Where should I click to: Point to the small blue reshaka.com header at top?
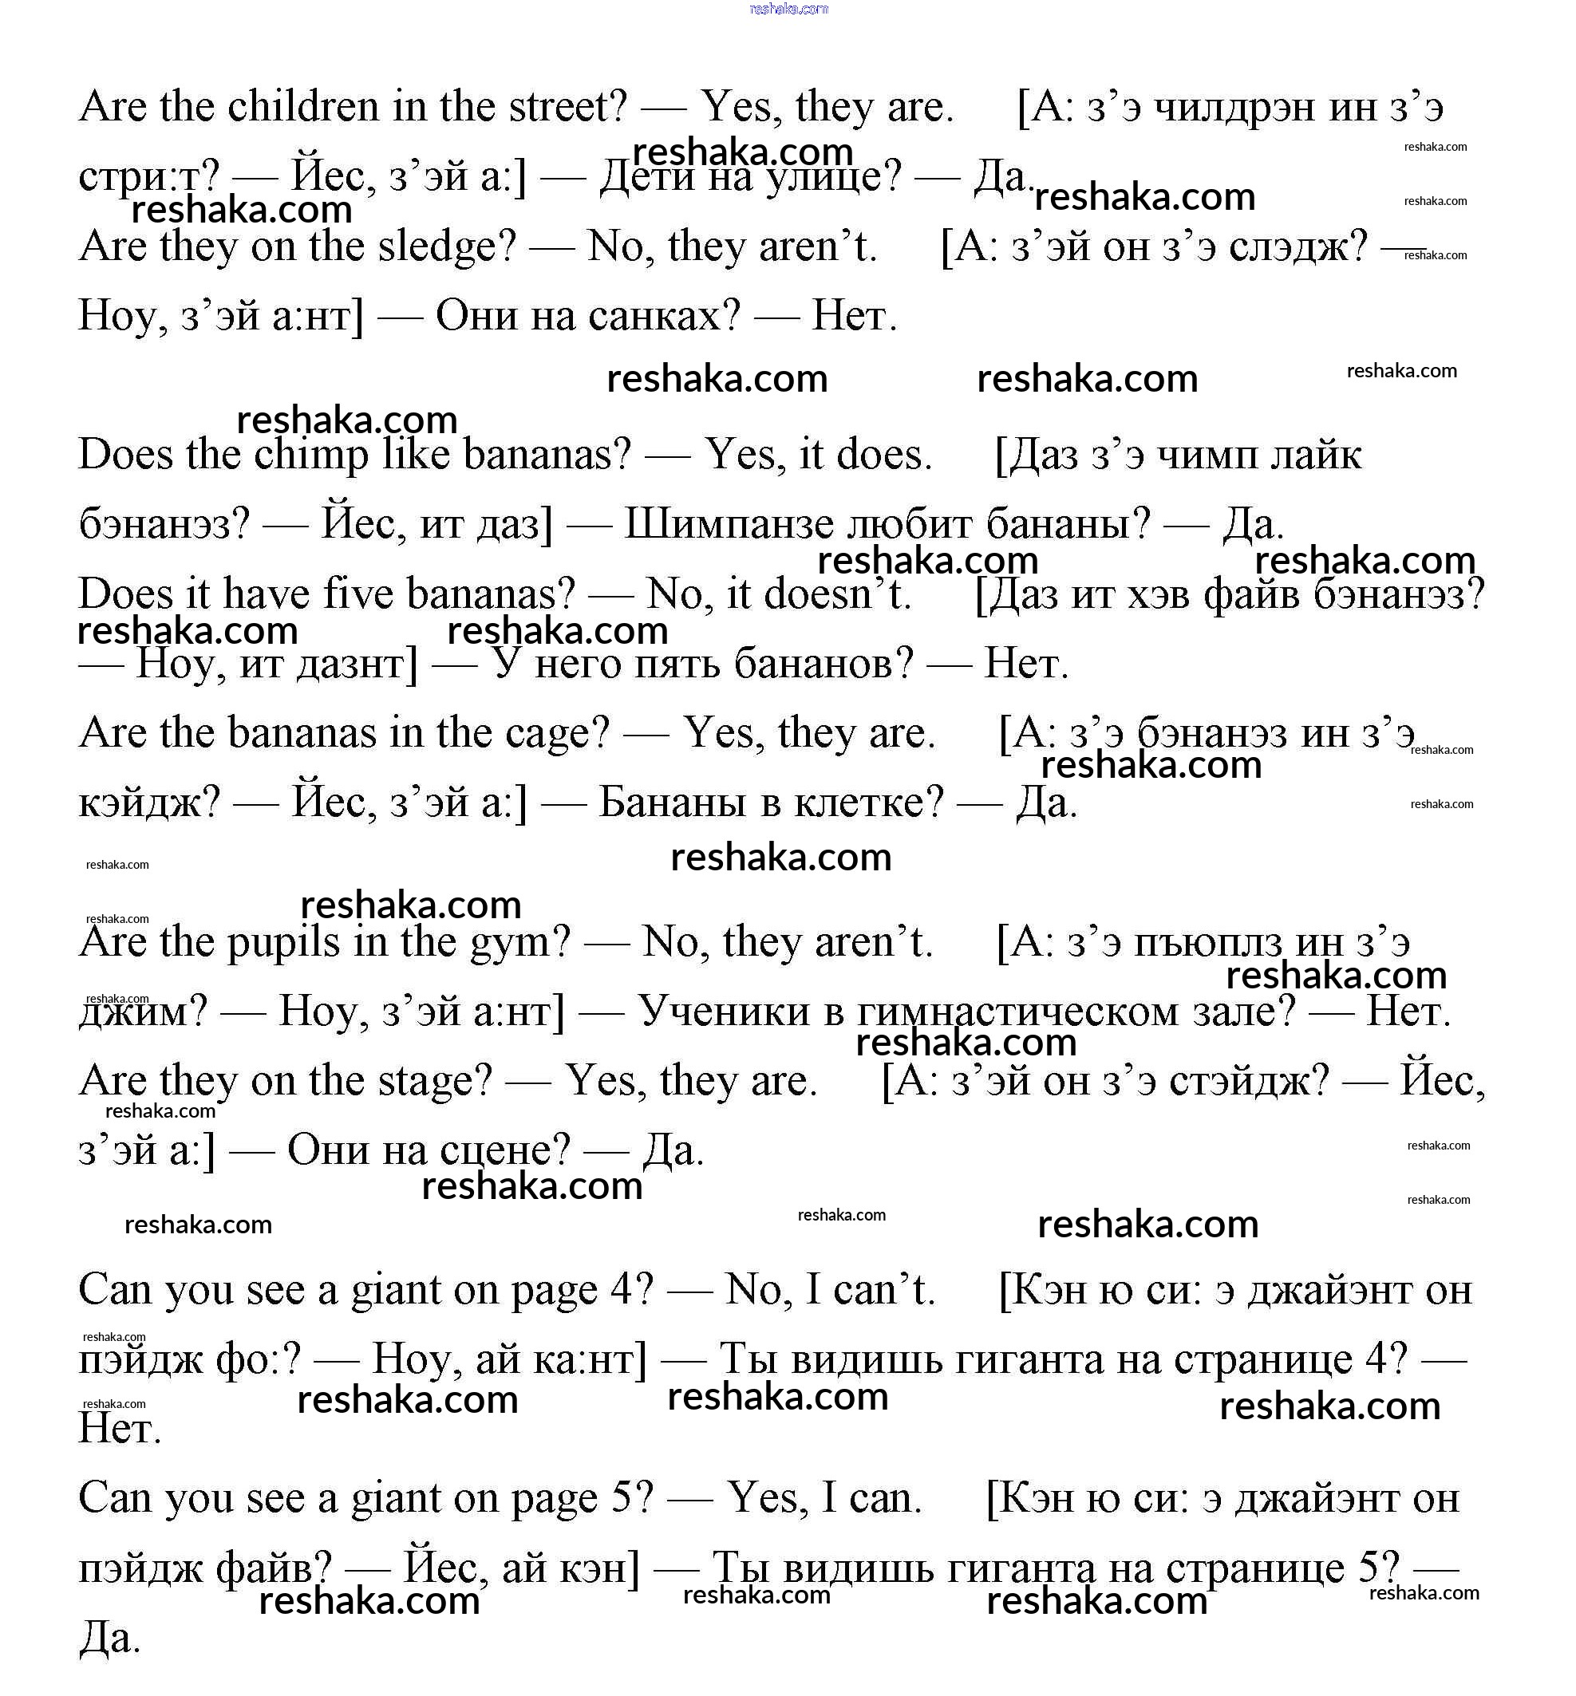click(788, 10)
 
